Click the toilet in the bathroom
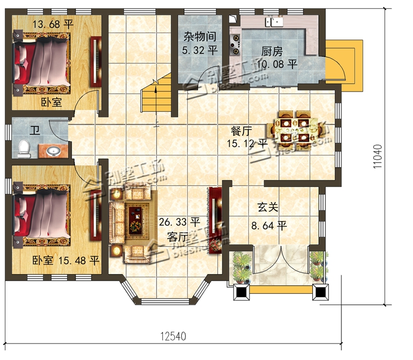pyautogui.click(x=24, y=149)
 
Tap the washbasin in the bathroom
pyautogui.click(x=53, y=151)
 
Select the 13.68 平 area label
pyautogui.click(x=53, y=24)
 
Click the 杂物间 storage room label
pyautogui.click(x=200, y=36)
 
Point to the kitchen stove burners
pyautogui.click(x=235, y=44)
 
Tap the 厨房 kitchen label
pyautogui.click(x=272, y=51)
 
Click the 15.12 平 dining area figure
pyautogui.click(x=247, y=143)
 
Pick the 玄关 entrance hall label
pyautogui.click(x=268, y=207)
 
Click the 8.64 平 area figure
pyautogui.click(x=269, y=226)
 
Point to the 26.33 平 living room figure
pyautogui.click(x=180, y=222)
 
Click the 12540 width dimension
pyautogui.click(x=173, y=336)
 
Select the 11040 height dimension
pyautogui.click(x=377, y=157)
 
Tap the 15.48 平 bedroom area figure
pyautogui.click(x=79, y=261)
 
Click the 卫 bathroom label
pyautogui.click(x=35, y=130)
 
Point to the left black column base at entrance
pyautogui.click(x=242, y=292)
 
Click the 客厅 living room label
pyautogui.click(x=177, y=238)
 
